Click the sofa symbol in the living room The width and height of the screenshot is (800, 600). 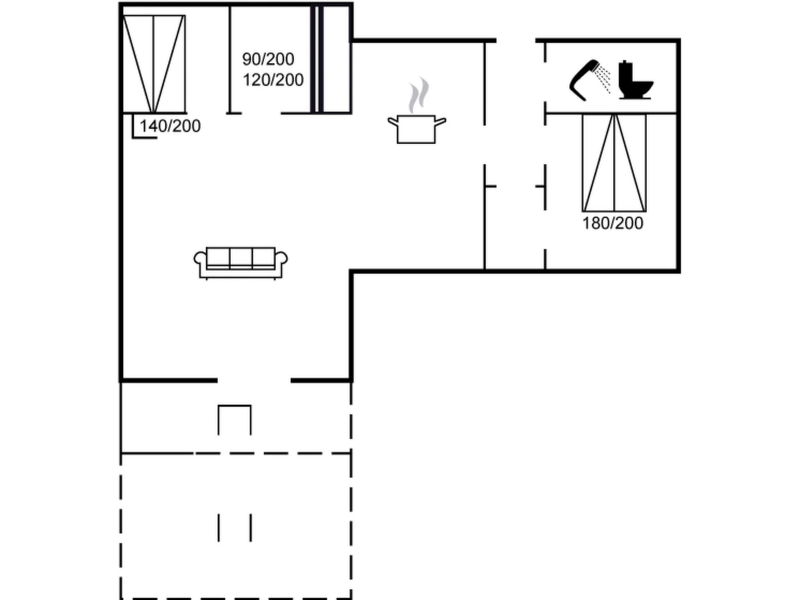(x=241, y=262)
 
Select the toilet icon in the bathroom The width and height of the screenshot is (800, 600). (x=634, y=81)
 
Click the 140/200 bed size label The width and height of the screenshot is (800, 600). (x=170, y=126)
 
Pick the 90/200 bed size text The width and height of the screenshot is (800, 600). (x=268, y=59)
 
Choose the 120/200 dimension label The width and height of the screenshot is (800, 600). (x=273, y=80)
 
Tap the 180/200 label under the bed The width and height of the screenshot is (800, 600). (x=612, y=223)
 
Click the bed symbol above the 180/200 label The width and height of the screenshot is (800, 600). (x=614, y=162)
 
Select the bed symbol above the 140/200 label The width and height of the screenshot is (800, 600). (x=154, y=64)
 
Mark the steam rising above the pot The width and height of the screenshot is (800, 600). (x=418, y=95)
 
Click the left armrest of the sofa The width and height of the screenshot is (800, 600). (x=200, y=259)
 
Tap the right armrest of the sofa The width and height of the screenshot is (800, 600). (x=282, y=259)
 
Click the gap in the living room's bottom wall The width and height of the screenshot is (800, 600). (x=254, y=380)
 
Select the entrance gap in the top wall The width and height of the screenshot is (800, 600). (x=516, y=40)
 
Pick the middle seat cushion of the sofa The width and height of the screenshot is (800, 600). (x=241, y=257)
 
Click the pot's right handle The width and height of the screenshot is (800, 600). (x=440, y=122)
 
